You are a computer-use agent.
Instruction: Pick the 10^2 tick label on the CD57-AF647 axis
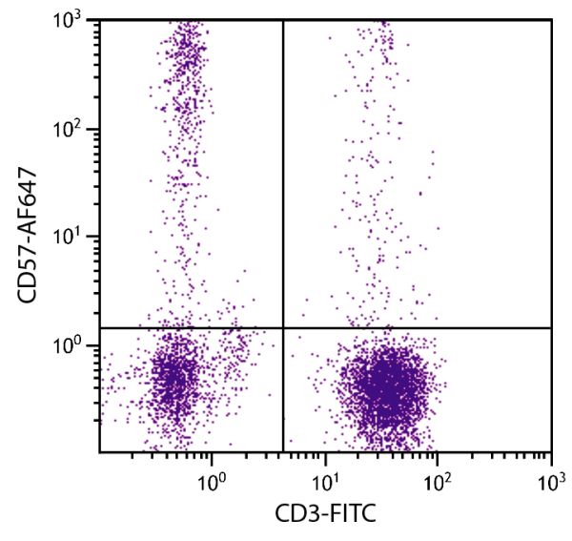73,129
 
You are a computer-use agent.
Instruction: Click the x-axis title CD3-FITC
325,515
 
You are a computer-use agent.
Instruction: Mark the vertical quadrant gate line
283,191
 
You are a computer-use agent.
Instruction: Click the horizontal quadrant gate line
419,328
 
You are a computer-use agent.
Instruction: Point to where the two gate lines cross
283,328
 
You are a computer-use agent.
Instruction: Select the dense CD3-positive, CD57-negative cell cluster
386,386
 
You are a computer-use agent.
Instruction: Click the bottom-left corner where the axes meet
99,452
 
